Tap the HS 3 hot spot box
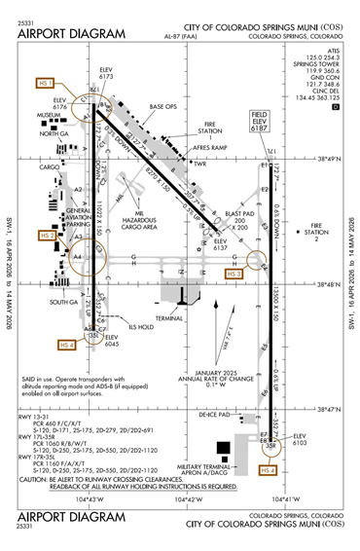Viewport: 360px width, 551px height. pos(234,274)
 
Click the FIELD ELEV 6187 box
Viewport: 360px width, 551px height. pos(259,121)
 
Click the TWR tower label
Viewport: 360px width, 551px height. pos(201,164)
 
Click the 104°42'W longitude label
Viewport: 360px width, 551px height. pos(193,499)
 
